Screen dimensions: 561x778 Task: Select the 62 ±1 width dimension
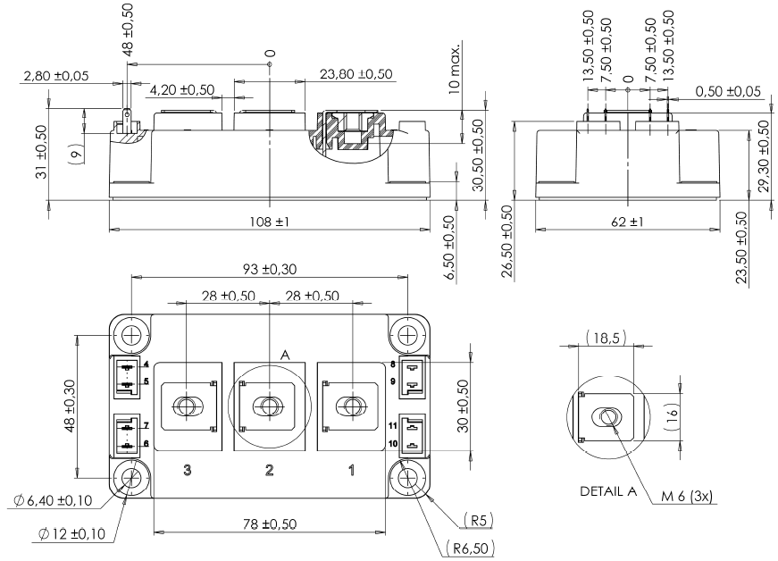pyautogui.click(x=626, y=221)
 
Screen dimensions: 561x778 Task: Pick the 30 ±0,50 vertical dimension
pyautogui.click(x=462, y=406)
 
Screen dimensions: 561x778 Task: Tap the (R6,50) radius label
pyautogui.click(x=467, y=547)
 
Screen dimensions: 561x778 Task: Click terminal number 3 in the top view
pyautogui.click(x=187, y=471)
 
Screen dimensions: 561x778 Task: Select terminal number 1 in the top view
pyautogui.click(x=350, y=471)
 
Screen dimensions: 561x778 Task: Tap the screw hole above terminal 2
pyautogui.click(x=268, y=406)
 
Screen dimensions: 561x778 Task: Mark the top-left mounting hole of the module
pyautogui.click(x=130, y=336)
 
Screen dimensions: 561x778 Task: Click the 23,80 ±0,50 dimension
pyautogui.click(x=356, y=76)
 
